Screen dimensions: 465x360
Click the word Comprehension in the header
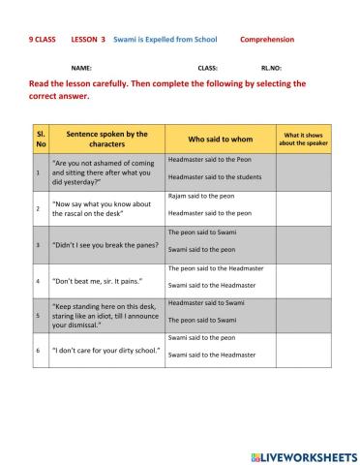coord(267,40)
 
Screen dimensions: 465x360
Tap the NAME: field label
coord(82,68)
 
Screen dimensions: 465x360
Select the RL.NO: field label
coord(271,68)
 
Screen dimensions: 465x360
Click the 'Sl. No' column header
coord(38,139)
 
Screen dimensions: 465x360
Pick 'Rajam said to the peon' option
coord(201,196)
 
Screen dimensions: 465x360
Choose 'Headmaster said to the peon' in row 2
coord(209,213)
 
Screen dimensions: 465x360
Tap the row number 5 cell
coord(38,315)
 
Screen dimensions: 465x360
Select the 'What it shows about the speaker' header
coord(303,139)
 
